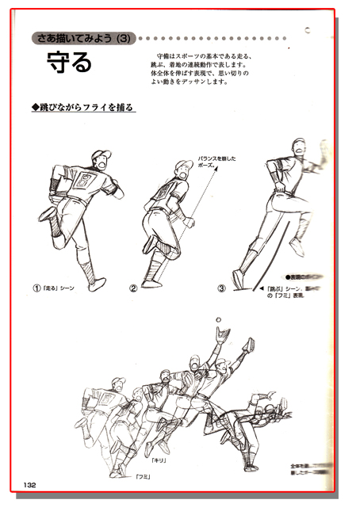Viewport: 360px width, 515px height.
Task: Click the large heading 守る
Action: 71,61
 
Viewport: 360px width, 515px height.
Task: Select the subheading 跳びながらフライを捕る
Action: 82,106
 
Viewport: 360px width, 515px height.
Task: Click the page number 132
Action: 30,485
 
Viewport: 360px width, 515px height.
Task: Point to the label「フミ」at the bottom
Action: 144,477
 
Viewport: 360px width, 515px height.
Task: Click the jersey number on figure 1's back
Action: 82,185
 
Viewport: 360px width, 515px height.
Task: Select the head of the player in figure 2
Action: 183,169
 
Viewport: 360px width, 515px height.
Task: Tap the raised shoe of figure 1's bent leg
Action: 48,213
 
